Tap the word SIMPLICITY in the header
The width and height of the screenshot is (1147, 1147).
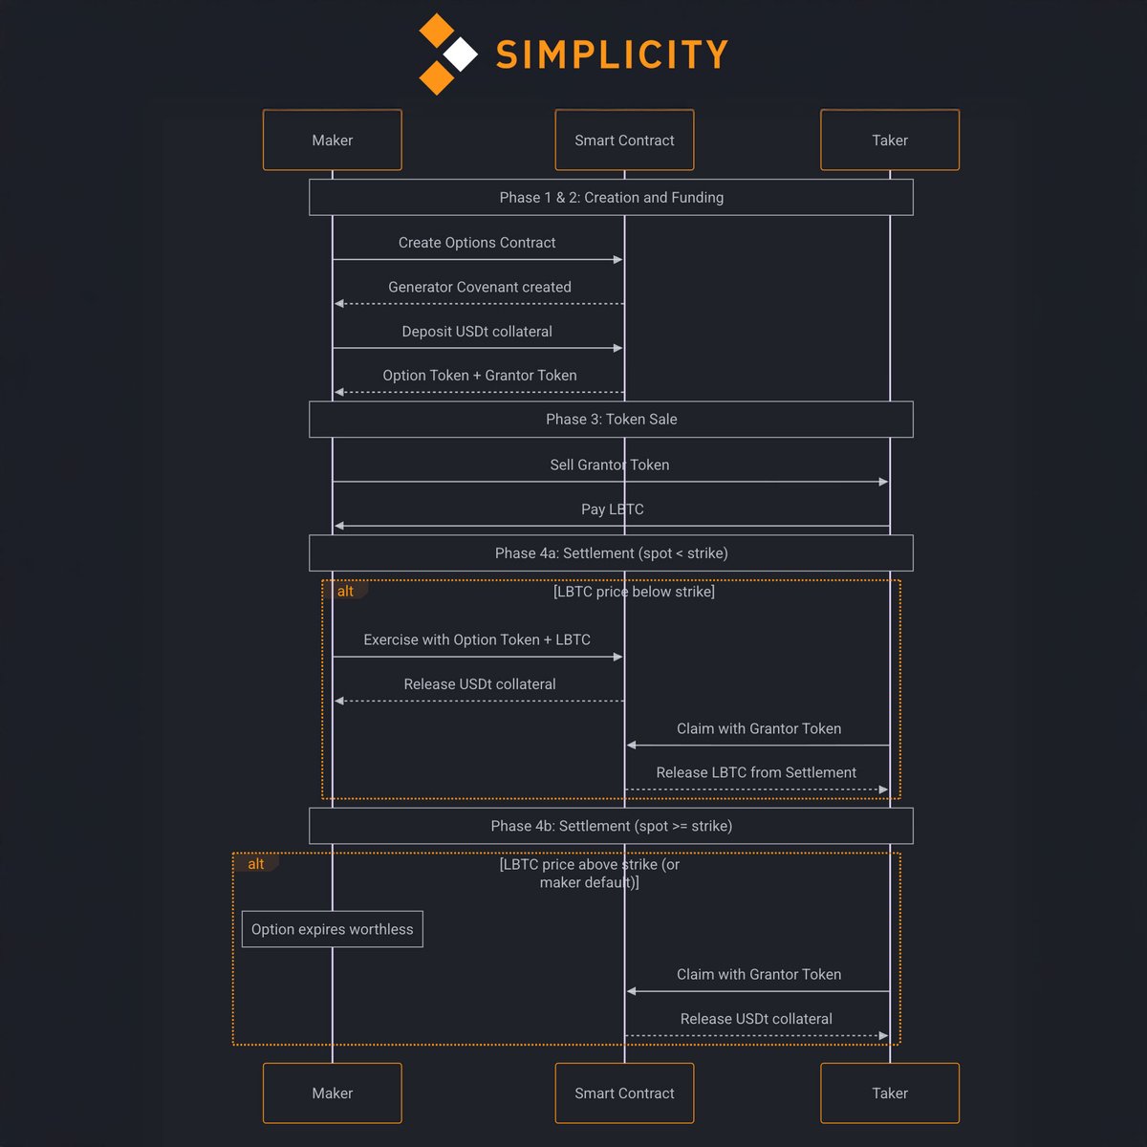tap(612, 55)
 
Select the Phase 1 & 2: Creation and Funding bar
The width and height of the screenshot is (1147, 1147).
tap(611, 197)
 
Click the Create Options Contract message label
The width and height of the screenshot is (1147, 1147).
tap(477, 243)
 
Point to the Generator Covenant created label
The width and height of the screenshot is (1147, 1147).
tap(479, 287)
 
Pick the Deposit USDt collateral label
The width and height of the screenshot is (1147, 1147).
tap(477, 332)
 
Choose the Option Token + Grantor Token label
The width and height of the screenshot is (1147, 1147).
tap(479, 376)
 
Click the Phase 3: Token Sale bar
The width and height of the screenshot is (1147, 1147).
tap(611, 419)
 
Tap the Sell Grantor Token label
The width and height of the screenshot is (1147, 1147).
tap(609, 465)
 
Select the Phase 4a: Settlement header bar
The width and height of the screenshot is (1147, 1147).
tap(611, 552)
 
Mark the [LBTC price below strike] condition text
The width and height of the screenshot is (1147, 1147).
tap(634, 592)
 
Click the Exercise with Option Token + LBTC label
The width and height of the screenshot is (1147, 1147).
tap(477, 639)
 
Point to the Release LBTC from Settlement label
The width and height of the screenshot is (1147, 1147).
tap(756, 772)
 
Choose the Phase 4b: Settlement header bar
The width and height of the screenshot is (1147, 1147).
tap(611, 826)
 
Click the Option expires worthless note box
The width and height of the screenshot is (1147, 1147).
tap(332, 929)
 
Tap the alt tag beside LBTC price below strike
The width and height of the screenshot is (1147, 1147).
tap(345, 592)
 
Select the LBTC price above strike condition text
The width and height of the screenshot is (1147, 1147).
tap(589, 874)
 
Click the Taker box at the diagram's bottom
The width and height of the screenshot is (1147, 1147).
tap(890, 1093)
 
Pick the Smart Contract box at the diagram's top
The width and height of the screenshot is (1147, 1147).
tap(624, 140)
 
